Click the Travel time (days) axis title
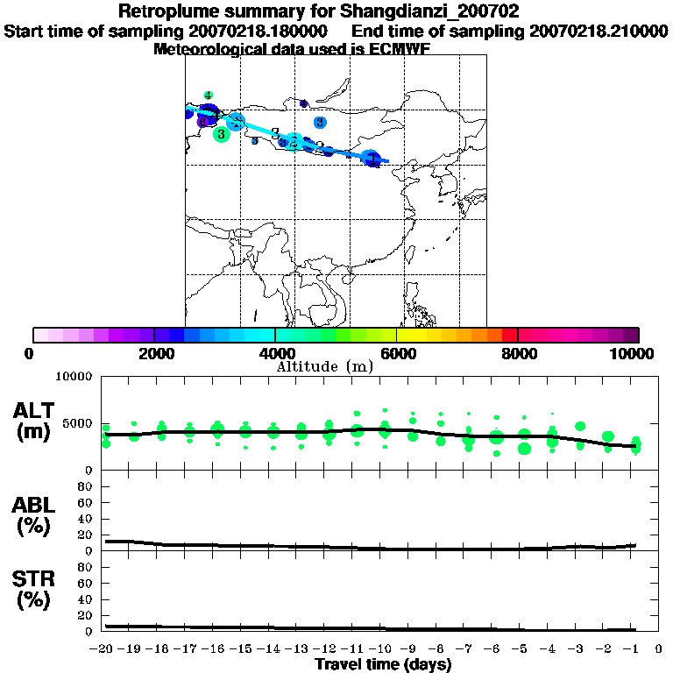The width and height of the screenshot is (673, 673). pyautogui.click(x=383, y=665)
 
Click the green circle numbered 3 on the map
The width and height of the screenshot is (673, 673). pyautogui.click(x=221, y=134)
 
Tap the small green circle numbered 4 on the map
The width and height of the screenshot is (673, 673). pyautogui.click(x=208, y=95)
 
